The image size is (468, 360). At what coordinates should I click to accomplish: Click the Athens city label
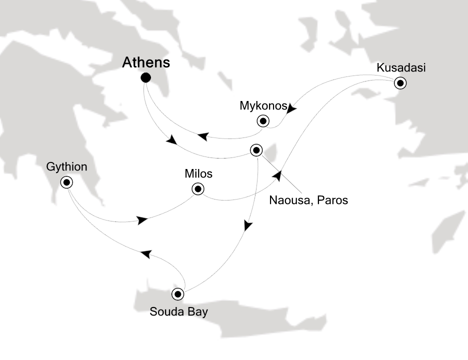(146, 63)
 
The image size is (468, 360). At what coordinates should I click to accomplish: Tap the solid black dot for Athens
(146, 77)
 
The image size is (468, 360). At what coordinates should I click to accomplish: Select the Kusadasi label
(401, 67)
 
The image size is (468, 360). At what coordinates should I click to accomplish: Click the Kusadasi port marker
(400, 83)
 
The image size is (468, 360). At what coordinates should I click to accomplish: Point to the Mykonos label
(263, 106)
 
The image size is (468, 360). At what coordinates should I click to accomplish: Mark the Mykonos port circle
(262, 120)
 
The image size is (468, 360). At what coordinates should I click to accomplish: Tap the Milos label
(198, 174)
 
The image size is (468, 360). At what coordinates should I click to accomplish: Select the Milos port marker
(198, 189)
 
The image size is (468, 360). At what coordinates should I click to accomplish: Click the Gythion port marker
(66, 182)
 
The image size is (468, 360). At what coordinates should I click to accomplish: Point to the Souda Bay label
(179, 312)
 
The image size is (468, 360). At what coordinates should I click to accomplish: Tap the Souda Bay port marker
(178, 293)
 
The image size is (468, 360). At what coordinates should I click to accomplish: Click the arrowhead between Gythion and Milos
(142, 219)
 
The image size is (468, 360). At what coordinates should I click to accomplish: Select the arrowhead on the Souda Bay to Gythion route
(145, 254)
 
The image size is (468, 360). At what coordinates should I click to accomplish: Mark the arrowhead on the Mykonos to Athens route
(202, 135)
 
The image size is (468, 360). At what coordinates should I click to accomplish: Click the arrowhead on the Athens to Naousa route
(171, 140)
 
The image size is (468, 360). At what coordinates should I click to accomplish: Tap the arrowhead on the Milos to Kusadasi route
(277, 176)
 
